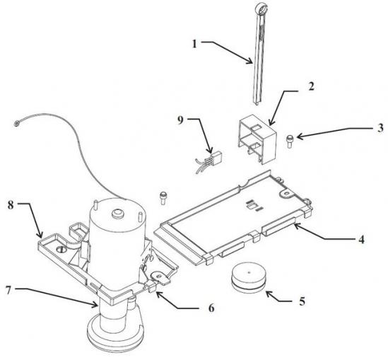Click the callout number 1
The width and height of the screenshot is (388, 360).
(x=195, y=45)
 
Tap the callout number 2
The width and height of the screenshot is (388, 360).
(x=311, y=87)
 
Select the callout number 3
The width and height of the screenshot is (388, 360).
(x=380, y=129)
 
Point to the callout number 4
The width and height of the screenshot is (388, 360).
(x=362, y=240)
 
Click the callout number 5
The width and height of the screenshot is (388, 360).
(x=302, y=301)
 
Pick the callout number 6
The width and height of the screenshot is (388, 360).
(x=211, y=308)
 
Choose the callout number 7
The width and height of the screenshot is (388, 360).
(x=8, y=290)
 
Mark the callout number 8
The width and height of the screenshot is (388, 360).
(x=11, y=205)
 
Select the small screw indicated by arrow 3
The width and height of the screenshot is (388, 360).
(x=290, y=141)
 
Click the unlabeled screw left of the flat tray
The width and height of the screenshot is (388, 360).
(x=163, y=197)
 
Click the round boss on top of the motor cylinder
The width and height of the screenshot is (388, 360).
(x=117, y=214)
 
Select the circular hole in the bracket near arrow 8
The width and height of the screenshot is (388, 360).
(x=60, y=250)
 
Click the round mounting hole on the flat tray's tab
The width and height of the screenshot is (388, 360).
(x=287, y=192)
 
